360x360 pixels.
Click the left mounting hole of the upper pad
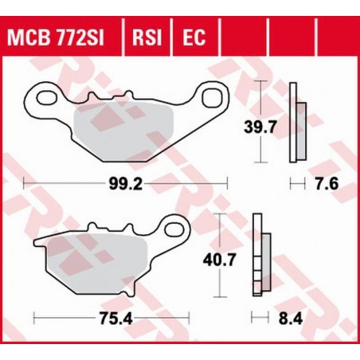click(x=37, y=99)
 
